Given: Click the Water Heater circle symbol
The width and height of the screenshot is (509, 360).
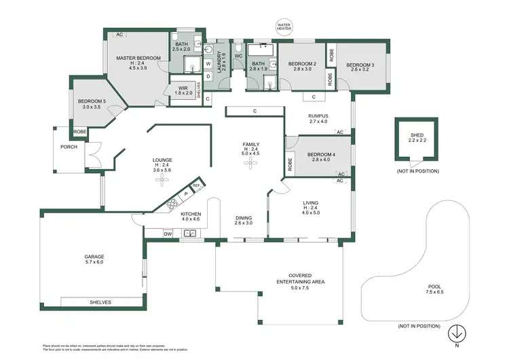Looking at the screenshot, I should tap(282, 27).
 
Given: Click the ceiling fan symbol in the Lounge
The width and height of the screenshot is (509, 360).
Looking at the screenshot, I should tap(162, 180).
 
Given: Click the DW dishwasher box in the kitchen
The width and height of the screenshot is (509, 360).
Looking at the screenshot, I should tap(167, 234).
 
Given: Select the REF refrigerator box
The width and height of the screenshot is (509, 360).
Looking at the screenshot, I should tap(196, 185).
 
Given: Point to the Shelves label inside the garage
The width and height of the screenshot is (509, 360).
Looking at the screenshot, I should tap(100, 302).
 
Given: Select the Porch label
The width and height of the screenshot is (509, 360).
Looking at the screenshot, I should tap(69, 147).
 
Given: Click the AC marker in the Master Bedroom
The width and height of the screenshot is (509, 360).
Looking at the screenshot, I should tap(119, 34).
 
